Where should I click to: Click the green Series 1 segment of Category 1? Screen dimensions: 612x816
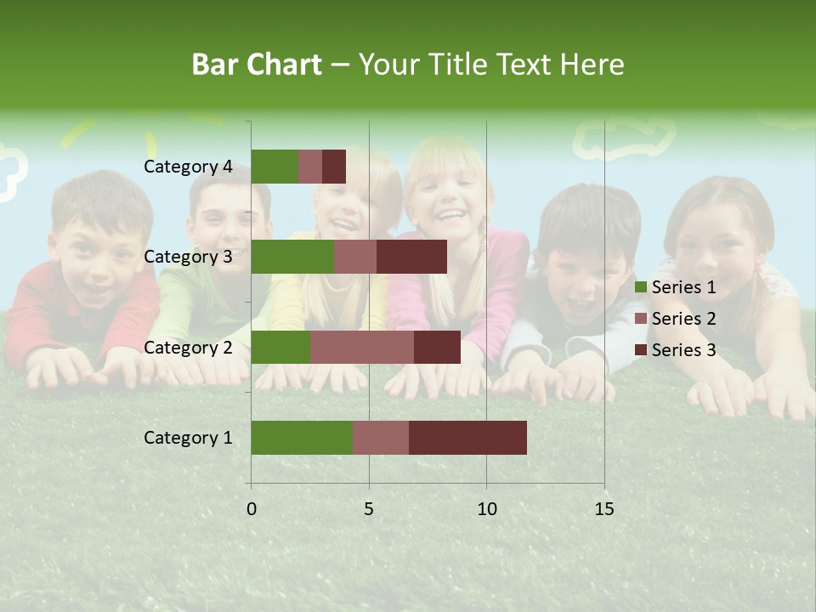302,438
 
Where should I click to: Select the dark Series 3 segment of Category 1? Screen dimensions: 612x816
467,438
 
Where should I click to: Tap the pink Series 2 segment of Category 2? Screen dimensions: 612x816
362,347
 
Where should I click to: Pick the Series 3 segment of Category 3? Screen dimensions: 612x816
411,257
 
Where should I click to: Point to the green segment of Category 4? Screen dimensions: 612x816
275,167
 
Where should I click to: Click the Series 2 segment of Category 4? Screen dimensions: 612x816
310,167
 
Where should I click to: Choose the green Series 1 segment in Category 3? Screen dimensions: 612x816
292,257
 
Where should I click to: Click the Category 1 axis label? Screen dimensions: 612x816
188,438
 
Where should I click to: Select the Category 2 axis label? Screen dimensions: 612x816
188,347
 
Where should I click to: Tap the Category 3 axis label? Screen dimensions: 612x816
188,257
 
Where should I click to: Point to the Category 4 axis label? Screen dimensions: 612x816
188,167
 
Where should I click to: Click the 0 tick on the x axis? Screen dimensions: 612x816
252,509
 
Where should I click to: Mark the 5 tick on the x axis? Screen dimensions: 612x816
369,509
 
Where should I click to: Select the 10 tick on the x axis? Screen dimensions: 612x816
486,509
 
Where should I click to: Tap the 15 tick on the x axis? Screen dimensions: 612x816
604,509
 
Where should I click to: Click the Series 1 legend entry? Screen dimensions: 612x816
676,287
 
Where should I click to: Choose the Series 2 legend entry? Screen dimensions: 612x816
676,319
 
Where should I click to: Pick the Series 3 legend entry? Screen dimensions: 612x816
676,350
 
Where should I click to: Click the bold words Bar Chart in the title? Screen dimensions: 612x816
257,65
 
